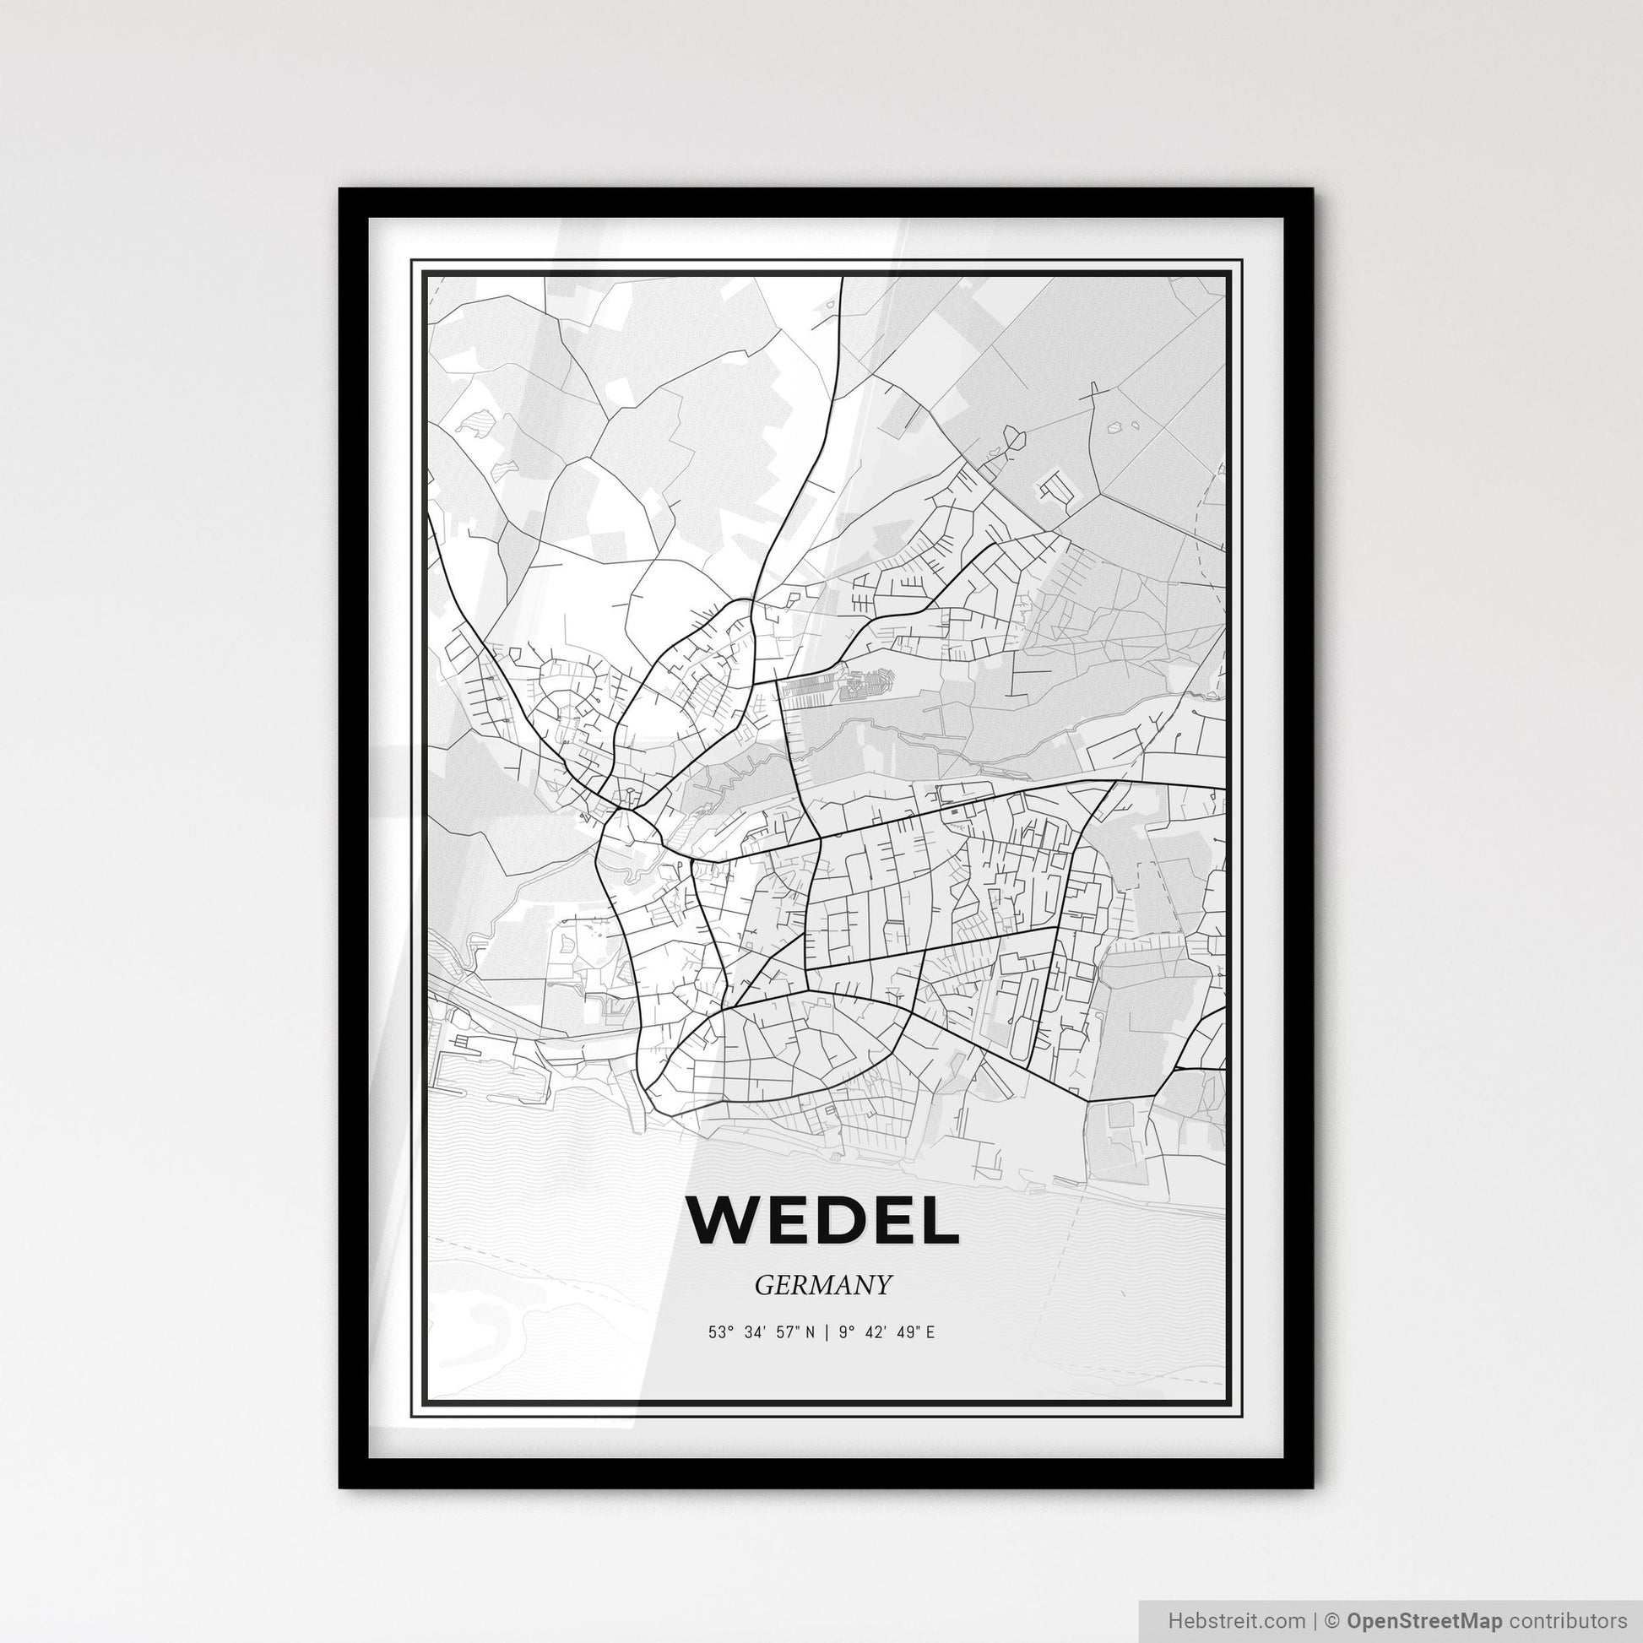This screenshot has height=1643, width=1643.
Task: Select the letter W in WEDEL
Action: (722, 1219)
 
